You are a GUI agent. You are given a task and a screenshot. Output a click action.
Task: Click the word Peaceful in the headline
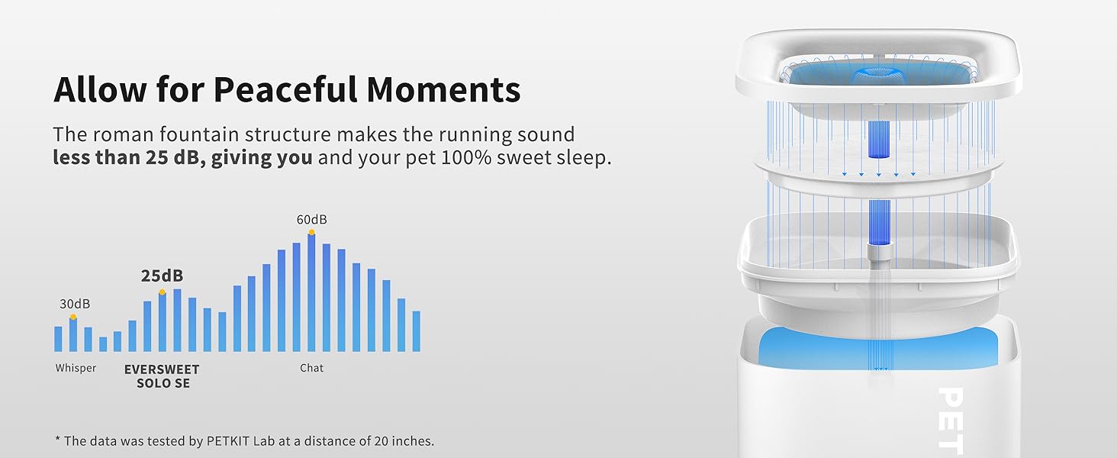pos(285,89)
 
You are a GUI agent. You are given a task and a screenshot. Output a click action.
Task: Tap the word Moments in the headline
pos(443,89)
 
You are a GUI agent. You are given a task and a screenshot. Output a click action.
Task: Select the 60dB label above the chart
pos(311,220)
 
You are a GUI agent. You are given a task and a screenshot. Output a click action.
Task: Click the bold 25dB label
pos(162,276)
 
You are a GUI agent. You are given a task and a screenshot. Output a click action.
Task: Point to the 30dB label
pos(75,304)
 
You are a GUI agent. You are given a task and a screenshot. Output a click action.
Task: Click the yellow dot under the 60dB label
pos(311,232)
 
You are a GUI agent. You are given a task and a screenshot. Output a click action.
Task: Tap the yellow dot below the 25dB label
pos(162,292)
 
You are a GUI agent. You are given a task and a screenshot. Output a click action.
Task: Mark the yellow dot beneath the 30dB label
pos(73,317)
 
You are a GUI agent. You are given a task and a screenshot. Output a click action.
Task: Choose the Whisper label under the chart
pos(76,368)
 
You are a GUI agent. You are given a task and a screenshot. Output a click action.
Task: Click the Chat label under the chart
pos(311,368)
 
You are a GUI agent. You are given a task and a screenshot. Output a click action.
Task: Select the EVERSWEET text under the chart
pos(162,369)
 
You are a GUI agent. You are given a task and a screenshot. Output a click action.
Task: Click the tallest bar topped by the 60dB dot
pos(311,293)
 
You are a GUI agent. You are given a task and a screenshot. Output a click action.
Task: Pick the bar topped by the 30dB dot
pos(73,335)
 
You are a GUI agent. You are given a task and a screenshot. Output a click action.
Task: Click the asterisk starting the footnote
pos(57,440)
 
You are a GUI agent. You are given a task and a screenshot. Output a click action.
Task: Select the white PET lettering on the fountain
pos(951,421)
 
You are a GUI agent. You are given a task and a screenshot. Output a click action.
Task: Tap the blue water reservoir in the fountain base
pos(879,348)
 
